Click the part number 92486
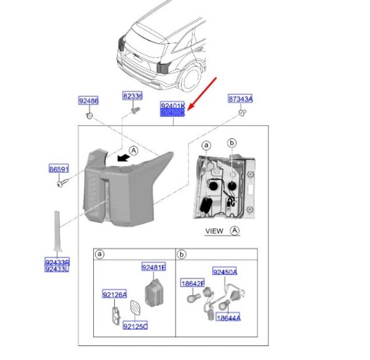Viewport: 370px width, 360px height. coord(88,101)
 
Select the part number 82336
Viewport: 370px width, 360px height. coord(132,96)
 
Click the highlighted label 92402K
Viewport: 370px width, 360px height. coord(173,113)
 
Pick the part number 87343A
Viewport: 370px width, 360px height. coord(241,99)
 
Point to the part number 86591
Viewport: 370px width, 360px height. coord(59,168)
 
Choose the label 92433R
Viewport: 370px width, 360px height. coord(57,262)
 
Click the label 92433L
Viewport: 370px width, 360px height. coord(57,269)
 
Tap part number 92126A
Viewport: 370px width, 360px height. coord(115,295)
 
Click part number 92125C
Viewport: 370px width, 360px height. coord(135,325)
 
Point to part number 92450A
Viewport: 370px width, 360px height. coord(225,272)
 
